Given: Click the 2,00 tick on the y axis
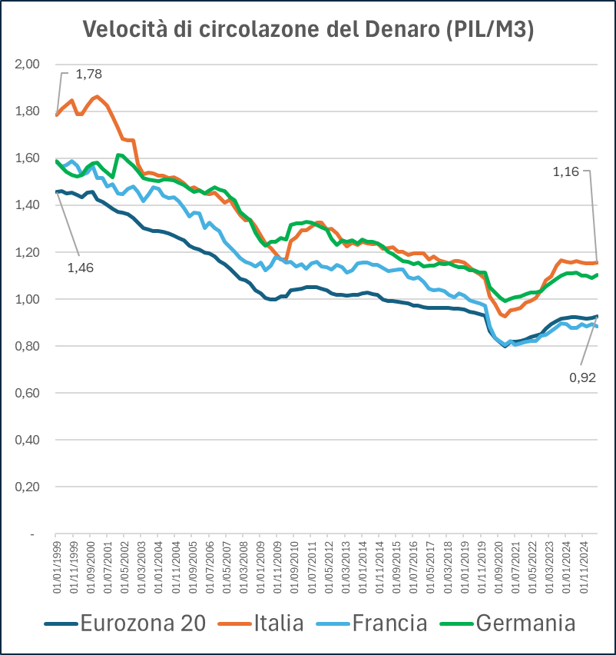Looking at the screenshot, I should point(27,64).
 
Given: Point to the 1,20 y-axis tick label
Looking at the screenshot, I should point(27,252).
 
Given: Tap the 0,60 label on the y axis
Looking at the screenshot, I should point(27,393).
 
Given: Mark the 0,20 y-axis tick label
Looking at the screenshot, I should point(27,487).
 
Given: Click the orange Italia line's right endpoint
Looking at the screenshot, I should point(597,263).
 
